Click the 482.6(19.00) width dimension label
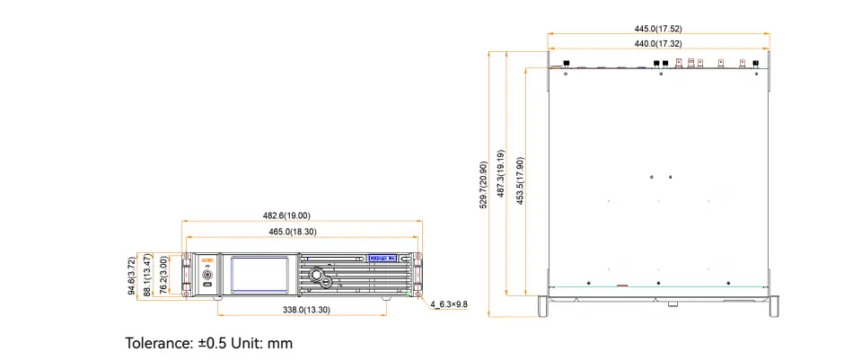click(286, 215)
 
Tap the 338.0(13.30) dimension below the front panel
click(304, 310)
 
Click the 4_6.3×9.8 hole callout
click(450, 304)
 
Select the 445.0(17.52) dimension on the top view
click(658, 29)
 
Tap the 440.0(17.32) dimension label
click(658, 43)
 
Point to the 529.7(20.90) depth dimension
click(484, 186)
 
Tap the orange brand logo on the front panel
click(206, 257)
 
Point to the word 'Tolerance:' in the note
click(158, 343)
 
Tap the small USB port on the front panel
click(207, 285)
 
